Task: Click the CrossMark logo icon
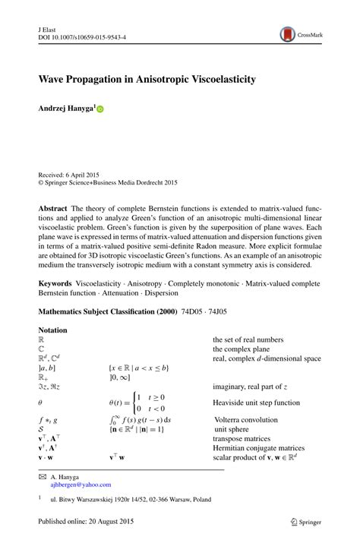pyautogui.click(x=288, y=34)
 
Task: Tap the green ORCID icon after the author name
pyautogui.click(x=99, y=109)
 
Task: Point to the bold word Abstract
pyautogui.click(x=55, y=208)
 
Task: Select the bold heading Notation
pyautogui.click(x=52, y=330)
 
